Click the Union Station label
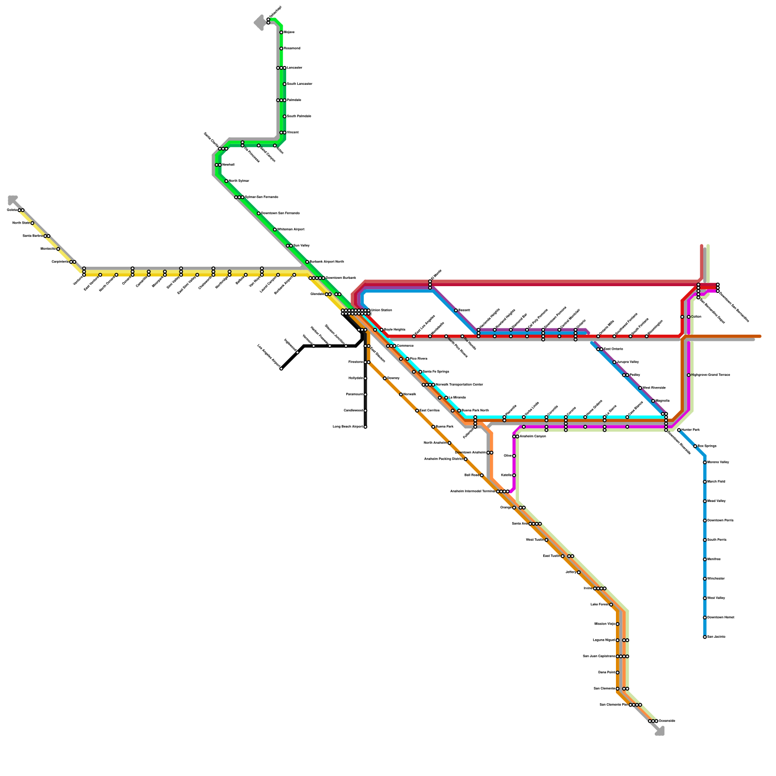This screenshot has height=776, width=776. [381, 310]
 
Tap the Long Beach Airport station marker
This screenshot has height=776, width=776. [365, 427]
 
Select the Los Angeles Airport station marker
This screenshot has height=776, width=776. [281, 369]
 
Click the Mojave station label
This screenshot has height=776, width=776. [289, 32]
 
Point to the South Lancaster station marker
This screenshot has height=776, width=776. [285, 84]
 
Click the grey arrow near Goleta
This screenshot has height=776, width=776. [12, 200]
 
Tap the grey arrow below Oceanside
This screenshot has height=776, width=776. [660, 731]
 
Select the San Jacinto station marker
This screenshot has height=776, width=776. [705, 637]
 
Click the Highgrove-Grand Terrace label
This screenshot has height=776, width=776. [711, 375]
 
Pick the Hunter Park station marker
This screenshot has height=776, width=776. [679, 430]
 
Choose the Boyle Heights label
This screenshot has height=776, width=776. [394, 330]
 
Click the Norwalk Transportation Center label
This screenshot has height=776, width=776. [459, 385]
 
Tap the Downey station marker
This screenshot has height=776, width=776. [385, 378]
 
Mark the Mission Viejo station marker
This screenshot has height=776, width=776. [617, 624]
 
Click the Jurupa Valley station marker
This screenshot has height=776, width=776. [614, 362]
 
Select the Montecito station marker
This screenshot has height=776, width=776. [58, 249]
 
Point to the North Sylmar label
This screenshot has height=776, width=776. [239, 181]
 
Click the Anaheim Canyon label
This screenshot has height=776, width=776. [533, 436]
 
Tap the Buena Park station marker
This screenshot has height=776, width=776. [433, 427]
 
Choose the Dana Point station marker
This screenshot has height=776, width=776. [617, 673]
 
